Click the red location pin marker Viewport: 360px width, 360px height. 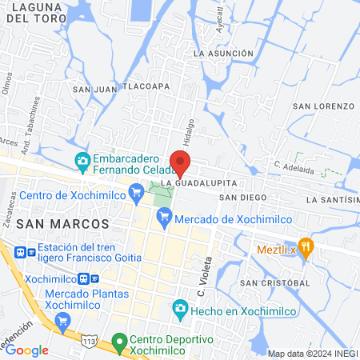point(180,162)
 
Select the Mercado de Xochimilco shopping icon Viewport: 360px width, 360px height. point(164,215)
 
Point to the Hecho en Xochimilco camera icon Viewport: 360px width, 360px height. point(181,308)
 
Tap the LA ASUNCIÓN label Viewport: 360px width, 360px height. point(223,53)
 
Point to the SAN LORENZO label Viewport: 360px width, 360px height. point(322,106)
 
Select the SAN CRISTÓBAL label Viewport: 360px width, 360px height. point(275,283)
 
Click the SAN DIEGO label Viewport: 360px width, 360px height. point(242,197)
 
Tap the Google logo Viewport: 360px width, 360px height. point(27,350)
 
